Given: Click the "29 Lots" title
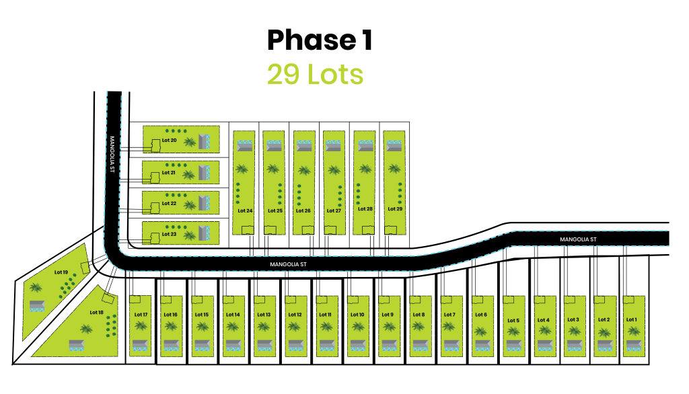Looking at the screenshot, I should pos(315,75).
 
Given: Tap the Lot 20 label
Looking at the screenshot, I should pos(169,141).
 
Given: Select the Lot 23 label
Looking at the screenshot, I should pos(169,234).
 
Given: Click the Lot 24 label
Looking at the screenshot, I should pos(245,210).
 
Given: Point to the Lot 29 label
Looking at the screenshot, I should pos(395,209).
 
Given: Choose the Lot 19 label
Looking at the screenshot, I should pos(61,272).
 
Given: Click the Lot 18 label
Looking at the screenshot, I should pos(96,312).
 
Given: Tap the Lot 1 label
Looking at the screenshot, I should pos(631,319).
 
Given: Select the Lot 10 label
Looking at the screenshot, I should pos(357,315).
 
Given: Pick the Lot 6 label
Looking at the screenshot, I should pos(480,315).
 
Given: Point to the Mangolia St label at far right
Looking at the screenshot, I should pos(578,239).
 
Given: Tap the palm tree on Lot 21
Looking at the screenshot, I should pos(189,175).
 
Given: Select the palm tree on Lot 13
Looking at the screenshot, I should pos(264,327).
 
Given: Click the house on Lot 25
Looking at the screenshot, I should pos(274,145).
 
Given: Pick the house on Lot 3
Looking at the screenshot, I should pos(573,346).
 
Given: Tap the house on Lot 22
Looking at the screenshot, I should pos(205,202).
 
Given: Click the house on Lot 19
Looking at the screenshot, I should pos(37,306).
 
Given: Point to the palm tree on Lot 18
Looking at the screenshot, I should pos(86,329).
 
